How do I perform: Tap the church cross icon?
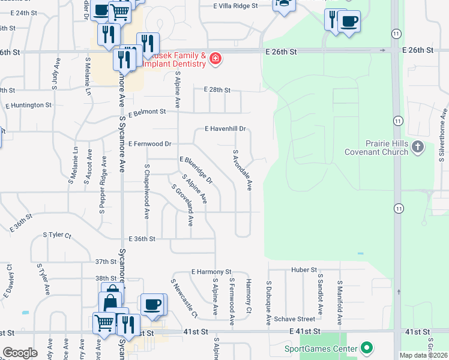point(418,146)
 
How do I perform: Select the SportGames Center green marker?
point(366,348)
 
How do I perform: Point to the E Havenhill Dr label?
point(226,128)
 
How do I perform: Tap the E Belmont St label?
point(146,112)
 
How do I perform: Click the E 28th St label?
point(217,89)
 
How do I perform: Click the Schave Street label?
point(295,319)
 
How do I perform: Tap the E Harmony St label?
point(211,272)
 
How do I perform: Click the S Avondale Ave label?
point(241,170)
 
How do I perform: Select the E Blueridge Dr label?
point(196,170)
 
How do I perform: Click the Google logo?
point(20,353)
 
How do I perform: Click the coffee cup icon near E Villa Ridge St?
point(349,22)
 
